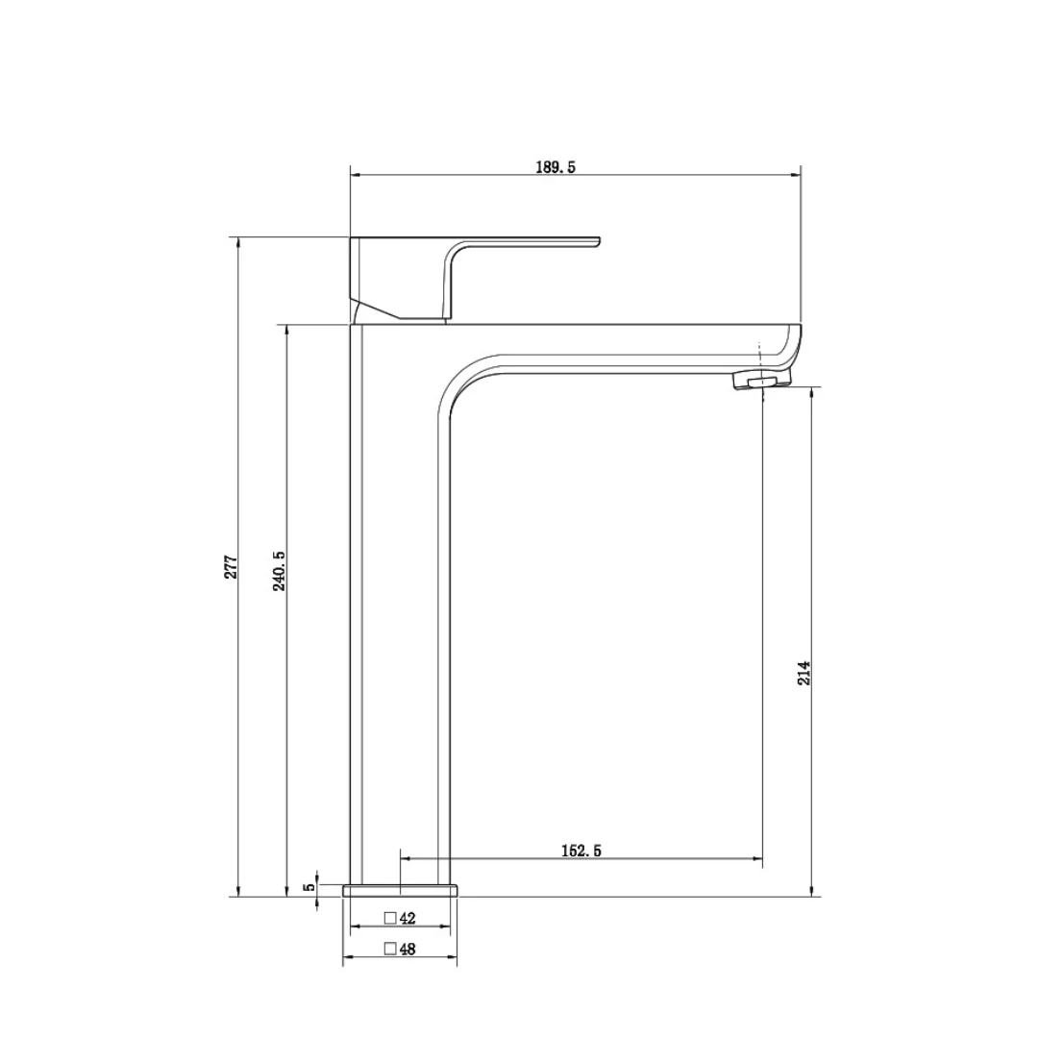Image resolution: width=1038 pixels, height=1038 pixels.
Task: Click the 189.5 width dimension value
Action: click(555, 167)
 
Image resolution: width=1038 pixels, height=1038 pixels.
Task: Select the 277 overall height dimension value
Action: click(231, 566)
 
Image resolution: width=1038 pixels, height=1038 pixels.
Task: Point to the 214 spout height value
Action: click(804, 672)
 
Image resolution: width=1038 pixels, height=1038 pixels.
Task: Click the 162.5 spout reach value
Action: click(581, 851)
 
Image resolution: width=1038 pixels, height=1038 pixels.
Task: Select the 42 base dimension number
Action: click(408, 919)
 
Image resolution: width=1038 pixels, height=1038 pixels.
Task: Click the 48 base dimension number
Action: click(408, 950)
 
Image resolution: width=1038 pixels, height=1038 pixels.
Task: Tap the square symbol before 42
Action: click(389, 918)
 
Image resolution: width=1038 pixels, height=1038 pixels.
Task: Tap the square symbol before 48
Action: click(389, 949)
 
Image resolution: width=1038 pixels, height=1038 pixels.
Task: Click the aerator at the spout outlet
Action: click(760, 383)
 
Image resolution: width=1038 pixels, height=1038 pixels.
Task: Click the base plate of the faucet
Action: click(401, 890)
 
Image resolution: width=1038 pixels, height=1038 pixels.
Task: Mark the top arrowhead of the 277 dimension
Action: click(238, 242)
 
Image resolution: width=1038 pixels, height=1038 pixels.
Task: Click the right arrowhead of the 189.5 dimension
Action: click(795, 175)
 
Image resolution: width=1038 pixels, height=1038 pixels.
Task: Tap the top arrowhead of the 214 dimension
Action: click(813, 393)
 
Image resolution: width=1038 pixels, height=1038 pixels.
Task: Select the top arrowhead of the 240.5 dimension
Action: click(286, 331)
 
